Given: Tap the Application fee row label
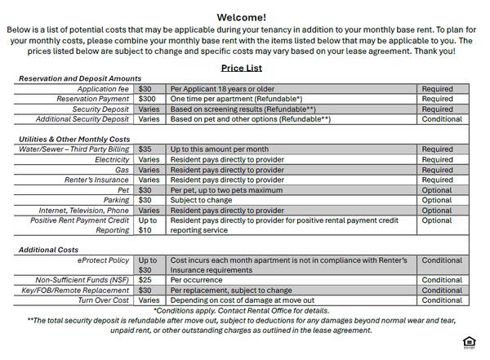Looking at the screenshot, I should point(104,89).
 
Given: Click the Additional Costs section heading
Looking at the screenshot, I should point(50,250).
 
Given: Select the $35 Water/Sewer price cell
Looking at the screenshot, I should point(145,149).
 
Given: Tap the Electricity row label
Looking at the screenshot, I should point(112,160).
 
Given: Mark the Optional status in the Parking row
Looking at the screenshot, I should point(436,200).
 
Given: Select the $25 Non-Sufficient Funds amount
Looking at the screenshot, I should point(145,280).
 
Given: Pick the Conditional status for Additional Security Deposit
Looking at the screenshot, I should point(442,119).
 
